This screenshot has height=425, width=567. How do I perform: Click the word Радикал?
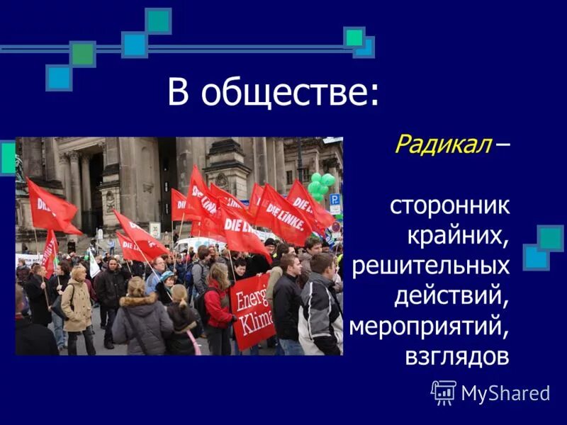pyautogui.click(x=443, y=144)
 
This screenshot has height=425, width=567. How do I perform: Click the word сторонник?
pyautogui.click(x=449, y=206)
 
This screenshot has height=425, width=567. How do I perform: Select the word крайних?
pyautogui.click(x=458, y=236)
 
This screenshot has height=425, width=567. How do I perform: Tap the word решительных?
pyautogui.click(x=430, y=266)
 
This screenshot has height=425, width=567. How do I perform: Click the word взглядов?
pyautogui.click(x=457, y=356)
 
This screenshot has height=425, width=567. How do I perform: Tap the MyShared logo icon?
pyautogui.click(x=444, y=392)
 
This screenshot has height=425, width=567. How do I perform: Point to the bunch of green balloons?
pyautogui.click(x=320, y=186)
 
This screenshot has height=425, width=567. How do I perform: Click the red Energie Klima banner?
pyautogui.click(x=253, y=311)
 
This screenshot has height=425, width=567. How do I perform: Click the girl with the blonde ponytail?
pyautogui.click(x=180, y=312)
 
